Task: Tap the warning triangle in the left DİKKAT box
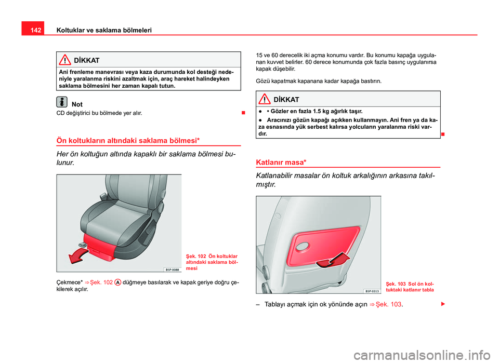[x=65, y=60]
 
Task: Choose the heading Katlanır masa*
[x=277, y=161]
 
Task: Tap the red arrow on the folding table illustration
[x=333, y=259]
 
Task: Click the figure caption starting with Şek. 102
[x=212, y=263]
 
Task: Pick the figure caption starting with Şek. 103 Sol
[x=410, y=287]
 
